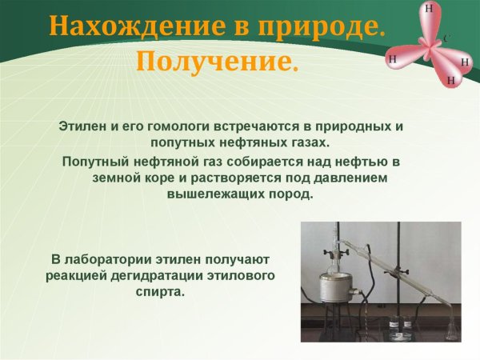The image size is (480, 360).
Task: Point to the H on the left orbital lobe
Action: (392, 58)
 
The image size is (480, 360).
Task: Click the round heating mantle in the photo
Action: (335, 284)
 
